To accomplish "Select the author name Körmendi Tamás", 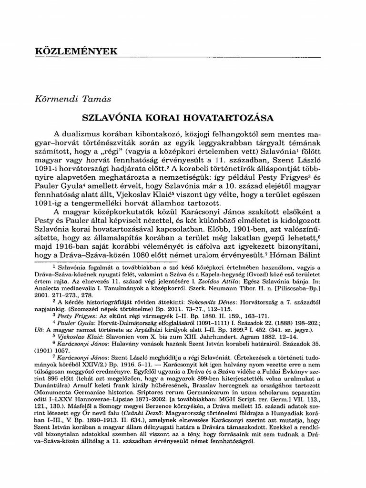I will point(69,99).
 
